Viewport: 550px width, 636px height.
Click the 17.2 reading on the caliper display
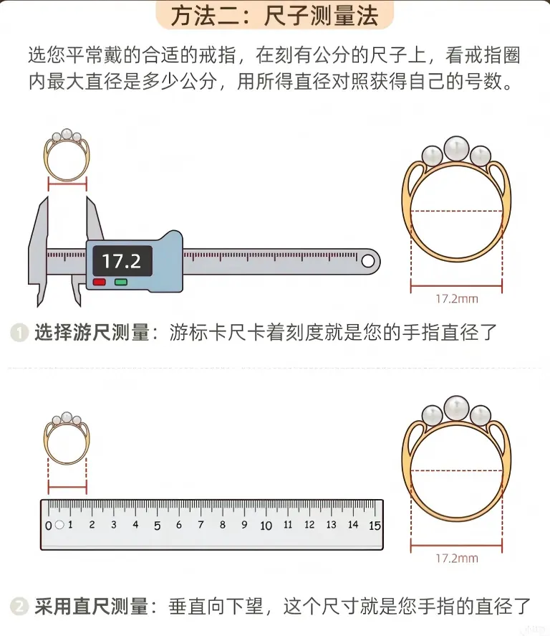pos(121,261)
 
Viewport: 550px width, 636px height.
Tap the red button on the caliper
pos(100,282)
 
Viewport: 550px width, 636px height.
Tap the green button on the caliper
pos(121,282)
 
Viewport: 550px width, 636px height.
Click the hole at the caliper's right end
pos(368,261)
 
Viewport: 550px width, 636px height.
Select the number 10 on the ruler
pos(266,526)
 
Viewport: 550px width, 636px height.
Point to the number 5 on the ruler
pos(157,526)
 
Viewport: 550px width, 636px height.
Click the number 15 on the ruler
pos(375,526)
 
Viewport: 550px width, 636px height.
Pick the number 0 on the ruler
pos(49,526)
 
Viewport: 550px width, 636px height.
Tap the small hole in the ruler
pos(59,525)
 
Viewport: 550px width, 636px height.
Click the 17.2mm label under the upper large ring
pos(457,299)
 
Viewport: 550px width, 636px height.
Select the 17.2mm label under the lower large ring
pos(457,559)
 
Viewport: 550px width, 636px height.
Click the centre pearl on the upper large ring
pos(456,148)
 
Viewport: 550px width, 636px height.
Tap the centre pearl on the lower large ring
pos(456,408)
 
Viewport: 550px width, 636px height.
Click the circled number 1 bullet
pos(19,333)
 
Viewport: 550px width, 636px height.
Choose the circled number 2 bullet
pos(19,607)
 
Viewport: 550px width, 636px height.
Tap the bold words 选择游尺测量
pos(92,333)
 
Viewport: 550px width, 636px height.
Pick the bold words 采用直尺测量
pos(92,607)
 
